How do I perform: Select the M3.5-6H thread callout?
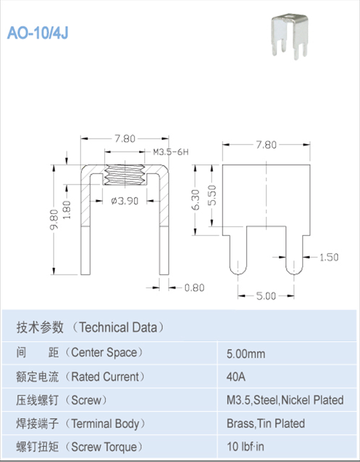pyautogui.click(x=171, y=152)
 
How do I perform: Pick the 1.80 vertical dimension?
pyautogui.click(x=67, y=210)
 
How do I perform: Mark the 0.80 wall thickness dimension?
pyautogui.click(x=194, y=287)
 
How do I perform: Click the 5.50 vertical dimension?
pyautogui.click(x=211, y=194)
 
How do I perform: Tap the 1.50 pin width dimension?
pyautogui.click(x=329, y=257)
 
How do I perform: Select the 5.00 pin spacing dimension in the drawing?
pyautogui.click(x=266, y=296)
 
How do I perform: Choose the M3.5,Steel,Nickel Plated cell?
pyautogui.click(x=284, y=400)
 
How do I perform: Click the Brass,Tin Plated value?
pyautogui.click(x=265, y=423)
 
